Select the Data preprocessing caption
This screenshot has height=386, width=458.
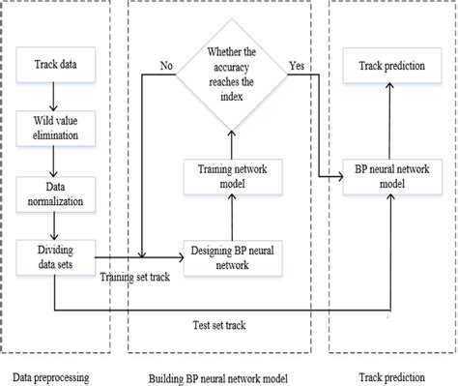click(x=56, y=372)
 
